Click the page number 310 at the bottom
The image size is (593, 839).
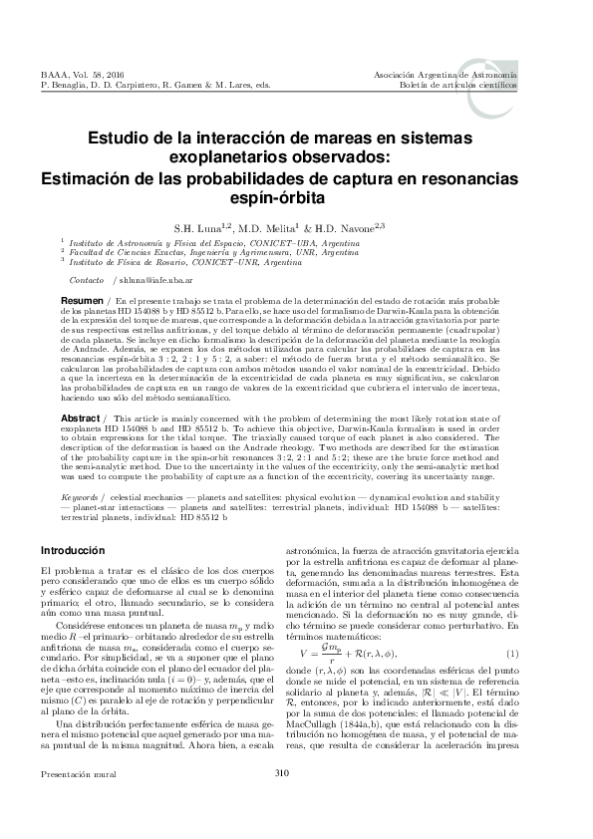[x=296, y=802]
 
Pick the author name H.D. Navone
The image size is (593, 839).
[x=357, y=226]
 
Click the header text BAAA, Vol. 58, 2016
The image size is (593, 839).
[x=77, y=75]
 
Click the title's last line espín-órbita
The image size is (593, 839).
[x=296, y=197]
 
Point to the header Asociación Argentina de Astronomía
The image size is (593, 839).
[x=445, y=75]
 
